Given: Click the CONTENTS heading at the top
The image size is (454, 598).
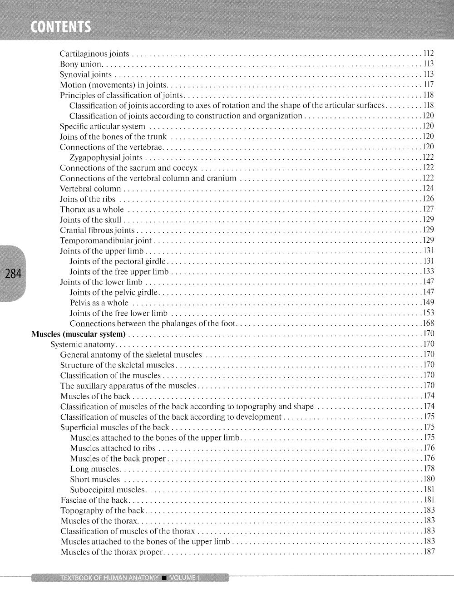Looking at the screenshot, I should pyautogui.click(x=60, y=28).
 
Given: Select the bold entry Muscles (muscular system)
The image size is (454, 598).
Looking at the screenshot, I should pyautogui.click(x=79, y=334).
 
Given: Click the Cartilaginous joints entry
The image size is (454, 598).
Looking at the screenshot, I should pyautogui.click(x=94, y=54).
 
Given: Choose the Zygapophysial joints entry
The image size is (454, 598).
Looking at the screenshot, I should pyautogui.click(x=106, y=157).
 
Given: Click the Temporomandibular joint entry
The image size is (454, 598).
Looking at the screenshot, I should pyautogui.click(x=106, y=240).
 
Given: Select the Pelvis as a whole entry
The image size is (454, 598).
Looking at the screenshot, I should pyautogui.click(x=99, y=303).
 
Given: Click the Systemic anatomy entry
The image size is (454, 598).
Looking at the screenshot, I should pyautogui.click(x=83, y=344).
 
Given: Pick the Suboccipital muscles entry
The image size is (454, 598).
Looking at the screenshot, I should pyautogui.click(x=107, y=490).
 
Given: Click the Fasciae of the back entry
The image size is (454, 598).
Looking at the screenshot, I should pyautogui.click(x=94, y=500).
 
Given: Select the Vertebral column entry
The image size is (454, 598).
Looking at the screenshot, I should pyautogui.click(x=90, y=189).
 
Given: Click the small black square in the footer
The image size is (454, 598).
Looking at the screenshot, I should pyautogui.click(x=164, y=578).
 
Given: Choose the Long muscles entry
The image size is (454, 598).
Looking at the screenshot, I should pyautogui.click(x=94, y=469).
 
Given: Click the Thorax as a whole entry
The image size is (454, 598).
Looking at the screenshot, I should pyautogui.click(x=92, y=210).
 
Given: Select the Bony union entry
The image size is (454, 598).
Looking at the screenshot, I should pyautogui.click(x=81, y=64).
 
